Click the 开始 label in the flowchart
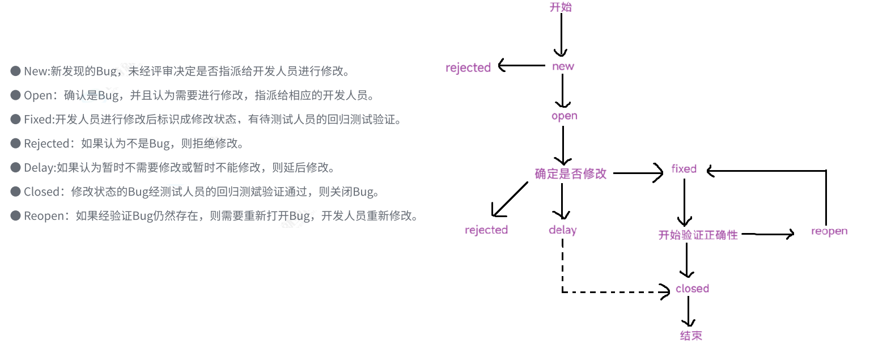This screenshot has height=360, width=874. pos(561,7)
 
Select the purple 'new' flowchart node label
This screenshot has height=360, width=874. pos(563,66)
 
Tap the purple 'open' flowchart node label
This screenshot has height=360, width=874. pos(564,116)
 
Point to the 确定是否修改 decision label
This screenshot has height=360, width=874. pos(570,174)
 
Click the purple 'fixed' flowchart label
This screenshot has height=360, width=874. pos(684,169)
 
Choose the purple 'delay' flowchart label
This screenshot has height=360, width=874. pos(563,230)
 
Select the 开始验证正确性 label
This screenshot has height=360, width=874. pos(698,235)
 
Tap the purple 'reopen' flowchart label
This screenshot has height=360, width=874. pos(829,231)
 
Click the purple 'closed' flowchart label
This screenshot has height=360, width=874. pos(692,289)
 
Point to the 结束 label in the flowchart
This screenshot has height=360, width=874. pos(691,336)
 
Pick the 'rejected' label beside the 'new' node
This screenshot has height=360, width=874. pos(468,68)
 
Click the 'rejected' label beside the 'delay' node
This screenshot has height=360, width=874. pos(486,230)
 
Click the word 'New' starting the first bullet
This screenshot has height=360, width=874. pos(36,71)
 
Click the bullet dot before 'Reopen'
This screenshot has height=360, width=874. pos(16,216)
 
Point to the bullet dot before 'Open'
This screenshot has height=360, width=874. pos(16,95)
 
